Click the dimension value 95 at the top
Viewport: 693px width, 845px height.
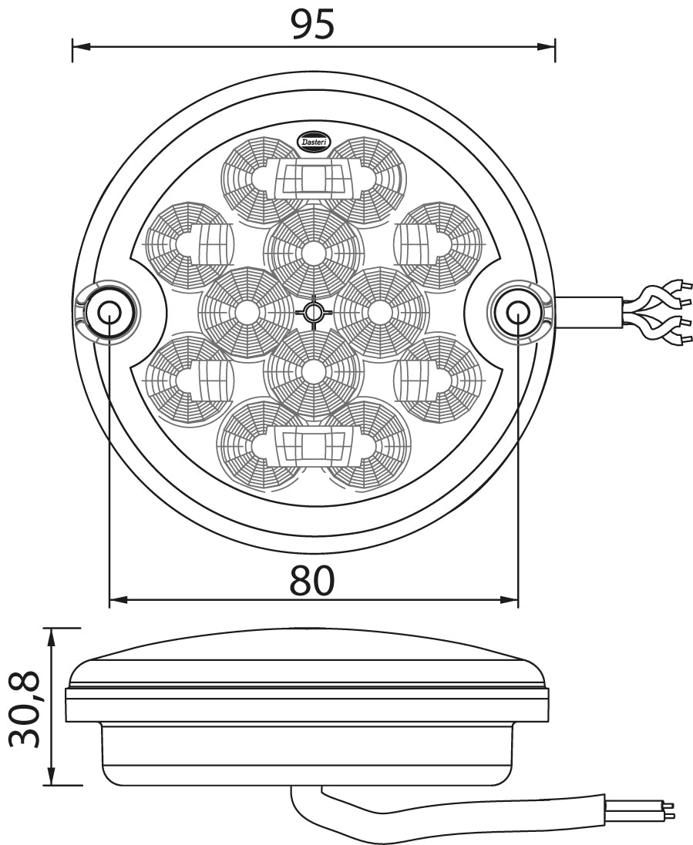[313, 24]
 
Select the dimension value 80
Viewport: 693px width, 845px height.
[312, 580]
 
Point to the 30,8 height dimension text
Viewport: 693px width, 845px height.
[25, 709]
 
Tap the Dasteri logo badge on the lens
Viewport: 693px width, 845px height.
[315, 141]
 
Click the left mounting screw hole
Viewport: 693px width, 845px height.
[109, 311]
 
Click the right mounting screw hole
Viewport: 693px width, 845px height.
[517, 311]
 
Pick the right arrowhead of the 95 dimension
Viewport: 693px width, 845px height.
[545, 45]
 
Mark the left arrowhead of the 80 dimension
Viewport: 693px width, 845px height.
[119, 599]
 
